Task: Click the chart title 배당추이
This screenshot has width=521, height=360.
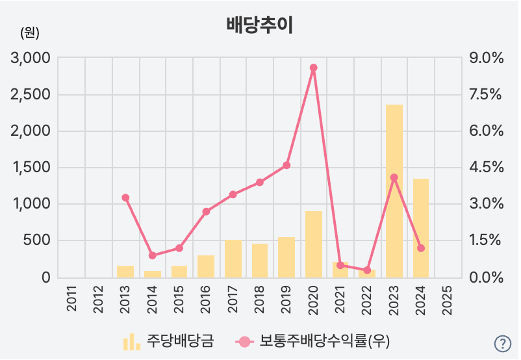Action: tap(260, 25)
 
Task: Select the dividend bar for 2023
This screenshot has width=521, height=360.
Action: tap(394, 191)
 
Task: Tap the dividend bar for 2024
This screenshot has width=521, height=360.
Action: tap(421, 227)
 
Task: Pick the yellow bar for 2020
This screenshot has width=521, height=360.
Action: tap(314, 244)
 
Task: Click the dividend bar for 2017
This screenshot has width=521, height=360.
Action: tap(233, 259)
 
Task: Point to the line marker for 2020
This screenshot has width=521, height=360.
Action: tap(313, 68)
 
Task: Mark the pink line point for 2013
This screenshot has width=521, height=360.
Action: tap(125, 198)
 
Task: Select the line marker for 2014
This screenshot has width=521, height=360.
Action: tap(152, 255)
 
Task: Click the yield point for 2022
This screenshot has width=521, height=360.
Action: tap(367, 270)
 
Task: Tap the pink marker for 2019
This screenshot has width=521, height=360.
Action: tap(286, 165)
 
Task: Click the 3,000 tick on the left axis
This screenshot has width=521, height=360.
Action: tap(31, 58)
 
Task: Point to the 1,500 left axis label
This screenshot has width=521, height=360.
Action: tap(31, 168)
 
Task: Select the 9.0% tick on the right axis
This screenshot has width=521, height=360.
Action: tap(487, 58)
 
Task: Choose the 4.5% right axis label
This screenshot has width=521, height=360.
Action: tap(487, 168)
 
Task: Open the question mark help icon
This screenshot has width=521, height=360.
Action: tap(503, 344)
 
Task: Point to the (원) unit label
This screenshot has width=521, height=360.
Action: tap(30, 32)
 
